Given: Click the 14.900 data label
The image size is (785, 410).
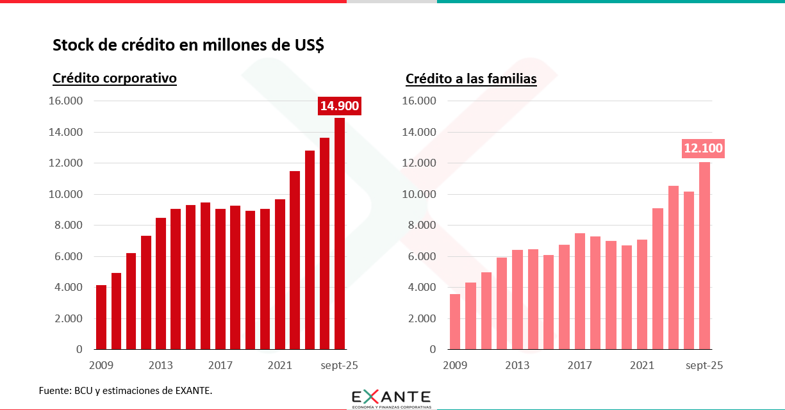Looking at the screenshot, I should [340, 106].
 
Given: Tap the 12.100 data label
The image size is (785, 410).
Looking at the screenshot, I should [703, 149].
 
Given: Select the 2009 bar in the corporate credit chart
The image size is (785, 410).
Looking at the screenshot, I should [101, 317].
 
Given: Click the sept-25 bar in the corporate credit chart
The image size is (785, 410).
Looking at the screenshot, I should [340, 234].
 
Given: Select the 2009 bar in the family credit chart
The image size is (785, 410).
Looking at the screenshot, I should [455, 322].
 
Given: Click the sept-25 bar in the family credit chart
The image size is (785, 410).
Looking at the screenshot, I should [704, 256].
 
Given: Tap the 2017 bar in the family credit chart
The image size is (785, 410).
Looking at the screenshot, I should [580, 291].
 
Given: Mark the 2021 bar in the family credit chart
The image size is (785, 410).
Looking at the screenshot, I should [642, 295].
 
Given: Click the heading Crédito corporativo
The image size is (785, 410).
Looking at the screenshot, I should [115, 78].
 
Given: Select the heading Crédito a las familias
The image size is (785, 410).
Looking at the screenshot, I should [471, 79].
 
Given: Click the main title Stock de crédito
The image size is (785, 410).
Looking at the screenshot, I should [188, 45].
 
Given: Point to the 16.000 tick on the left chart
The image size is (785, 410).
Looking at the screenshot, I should [67, 101].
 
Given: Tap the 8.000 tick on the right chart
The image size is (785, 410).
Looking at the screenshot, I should [420, 225].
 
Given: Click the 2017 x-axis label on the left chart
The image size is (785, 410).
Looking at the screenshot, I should [220, 366].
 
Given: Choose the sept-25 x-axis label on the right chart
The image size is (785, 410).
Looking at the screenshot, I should [704, 366].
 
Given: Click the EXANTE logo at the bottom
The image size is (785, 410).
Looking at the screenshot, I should [392, 398].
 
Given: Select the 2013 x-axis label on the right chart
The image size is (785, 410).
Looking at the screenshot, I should [517, 366].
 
